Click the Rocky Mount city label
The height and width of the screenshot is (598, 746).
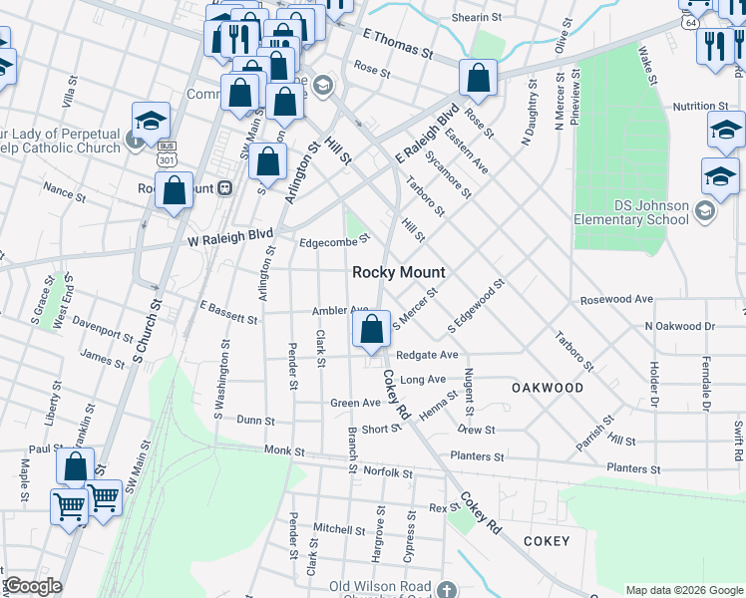[x=399, y=272]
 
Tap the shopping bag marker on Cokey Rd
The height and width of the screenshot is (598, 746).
[x=371, y=328]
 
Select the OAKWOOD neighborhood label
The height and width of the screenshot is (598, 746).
[x=548, y=387]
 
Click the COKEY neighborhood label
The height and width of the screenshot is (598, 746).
[x=547, y=541]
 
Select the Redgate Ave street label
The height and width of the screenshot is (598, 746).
[x=427, y=355]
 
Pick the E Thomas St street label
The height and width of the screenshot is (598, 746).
[x=398, y=42]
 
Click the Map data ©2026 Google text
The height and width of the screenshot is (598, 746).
[x=683, y=590]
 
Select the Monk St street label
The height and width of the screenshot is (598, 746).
[x=284, y=451]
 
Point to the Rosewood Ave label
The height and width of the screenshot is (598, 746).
[x=616, y=299]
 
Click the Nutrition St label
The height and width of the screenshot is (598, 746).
[x=700, y=106]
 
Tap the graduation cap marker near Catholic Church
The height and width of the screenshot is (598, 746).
[x=151, y=122]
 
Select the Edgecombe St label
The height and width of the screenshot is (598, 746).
[x=334, y=239]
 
